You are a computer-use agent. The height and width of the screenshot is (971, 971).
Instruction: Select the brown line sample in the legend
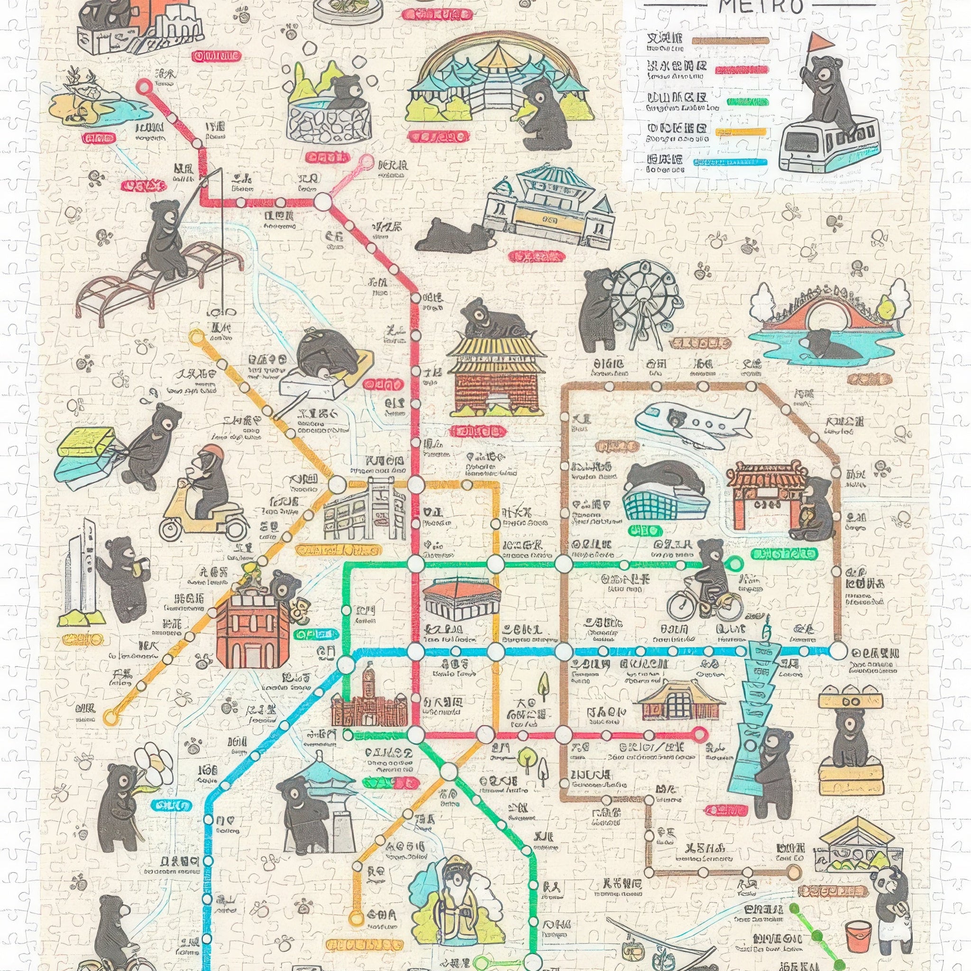(x=730, y=41)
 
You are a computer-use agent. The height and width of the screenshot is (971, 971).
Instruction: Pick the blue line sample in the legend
(x=731, y=162)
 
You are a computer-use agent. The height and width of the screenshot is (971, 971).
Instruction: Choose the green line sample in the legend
(x=748, y=102)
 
